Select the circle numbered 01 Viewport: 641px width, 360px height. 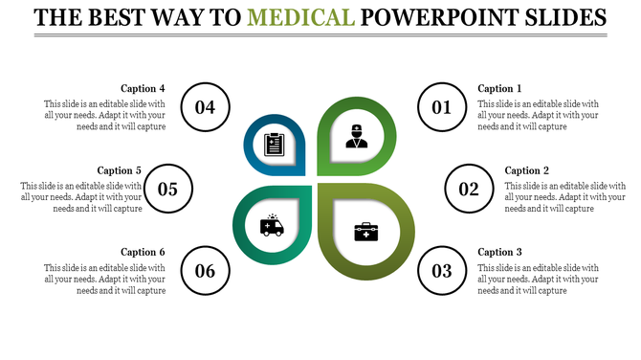tap(441, 107)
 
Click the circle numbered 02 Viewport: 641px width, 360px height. tap(469, 189)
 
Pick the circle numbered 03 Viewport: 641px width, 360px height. tap(441, 270)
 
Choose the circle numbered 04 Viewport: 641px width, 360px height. tap(205, 107)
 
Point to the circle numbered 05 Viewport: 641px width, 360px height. tap(168, 189)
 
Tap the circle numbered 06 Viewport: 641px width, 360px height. tap(205, 270)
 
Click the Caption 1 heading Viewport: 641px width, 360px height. tap(499, 89)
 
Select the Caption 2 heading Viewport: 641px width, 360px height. tap(527, 170)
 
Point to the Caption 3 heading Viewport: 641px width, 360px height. tap(499, 252)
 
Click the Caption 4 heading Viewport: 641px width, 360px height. tap(144, 89)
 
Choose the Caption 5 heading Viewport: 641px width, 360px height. tap(120, 170)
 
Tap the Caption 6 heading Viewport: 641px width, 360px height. tap(144, 252)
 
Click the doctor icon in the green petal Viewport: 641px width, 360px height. tap(357, 136)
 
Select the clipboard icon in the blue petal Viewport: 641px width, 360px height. tap(273, 145)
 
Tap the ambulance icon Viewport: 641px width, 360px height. tap(271, 226)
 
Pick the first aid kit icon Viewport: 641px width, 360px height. tap(366, 231)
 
